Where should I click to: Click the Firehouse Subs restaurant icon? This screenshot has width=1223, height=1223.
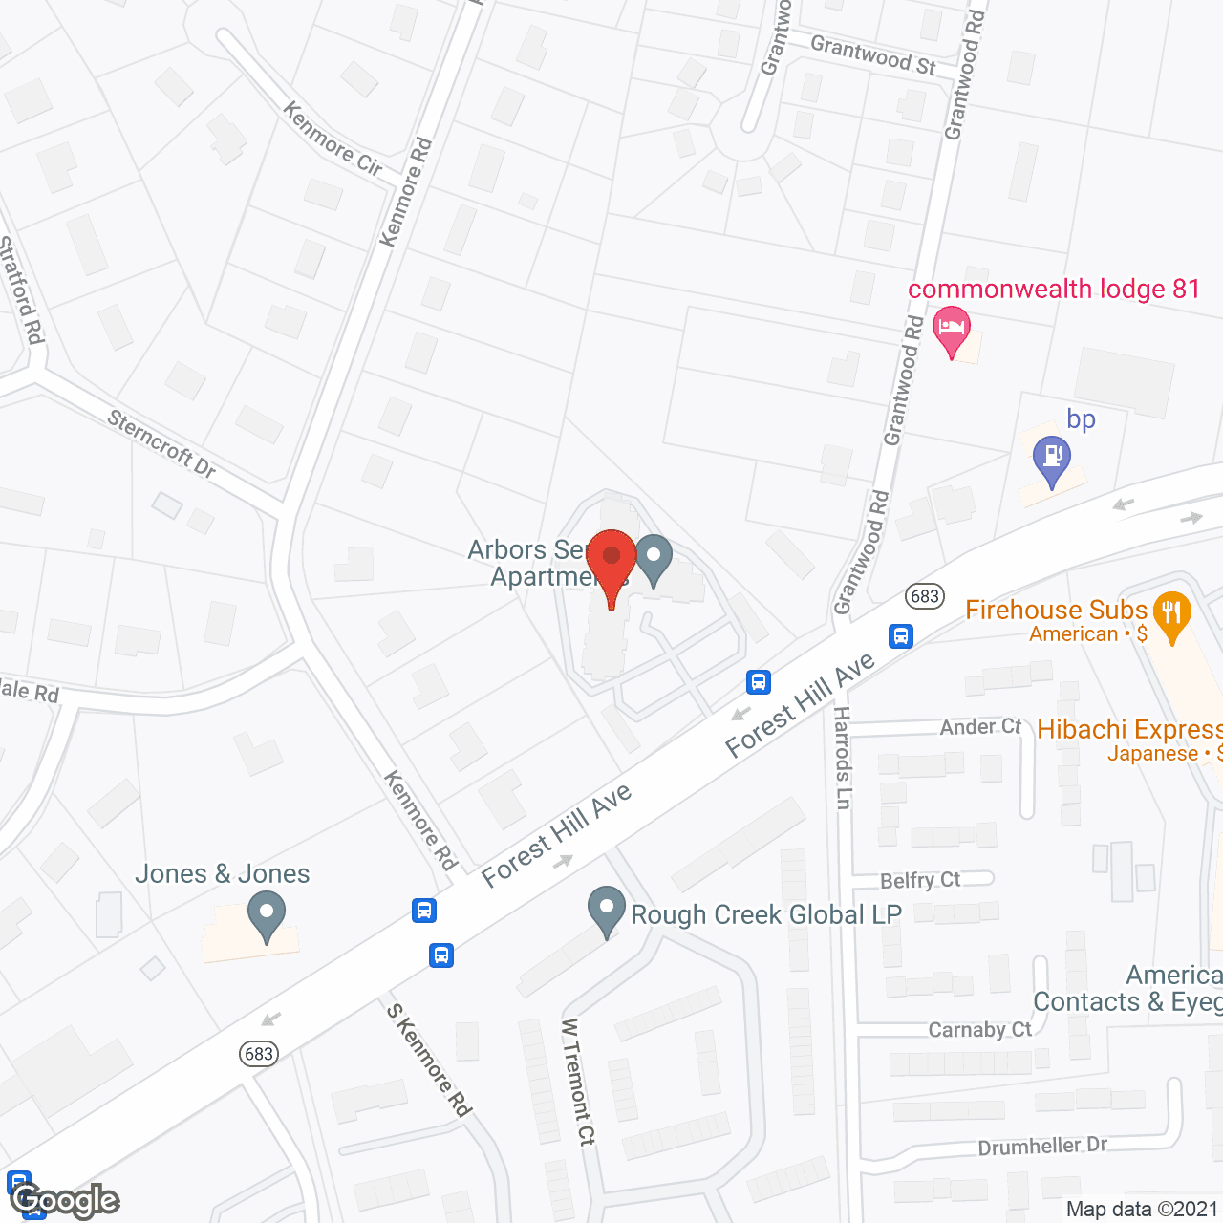(x=1171, y=616)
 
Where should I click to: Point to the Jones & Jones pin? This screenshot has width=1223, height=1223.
(x=267, y=914)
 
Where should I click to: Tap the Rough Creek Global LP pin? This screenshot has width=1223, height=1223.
(x=606, y=911)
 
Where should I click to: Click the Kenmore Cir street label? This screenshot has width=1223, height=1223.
(x=333, y=139)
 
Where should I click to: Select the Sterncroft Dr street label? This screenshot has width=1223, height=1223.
(x=161, y=443)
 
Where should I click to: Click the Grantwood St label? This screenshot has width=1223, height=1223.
(x=872, y=54)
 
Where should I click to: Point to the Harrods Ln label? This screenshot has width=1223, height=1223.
(x=842, y=758)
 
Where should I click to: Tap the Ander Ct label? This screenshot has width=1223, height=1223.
(x=980, y=727)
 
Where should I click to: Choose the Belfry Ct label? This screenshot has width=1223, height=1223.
(x=920, y=880)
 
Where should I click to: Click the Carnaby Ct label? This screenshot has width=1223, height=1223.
(x=980, y=1029)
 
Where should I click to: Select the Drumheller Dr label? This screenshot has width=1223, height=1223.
(x=1042, y=1147)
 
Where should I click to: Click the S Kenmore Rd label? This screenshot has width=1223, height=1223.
(x=429, y=1060)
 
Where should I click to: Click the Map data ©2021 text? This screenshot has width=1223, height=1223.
(x=1142, y=1210)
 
